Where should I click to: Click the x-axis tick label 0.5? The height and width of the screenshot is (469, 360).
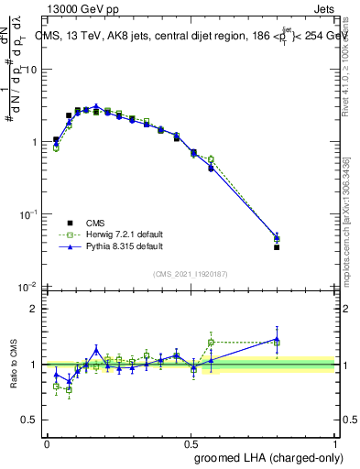(x=191, y=443)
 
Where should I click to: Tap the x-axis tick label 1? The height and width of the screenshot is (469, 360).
(x=334, y=443)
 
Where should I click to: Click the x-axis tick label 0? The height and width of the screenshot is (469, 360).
(x=47, y=443)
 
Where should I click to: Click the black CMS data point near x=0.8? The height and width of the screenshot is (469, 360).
(x=277, y=247)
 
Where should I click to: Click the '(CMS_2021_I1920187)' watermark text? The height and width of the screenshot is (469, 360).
(x=191, y=273)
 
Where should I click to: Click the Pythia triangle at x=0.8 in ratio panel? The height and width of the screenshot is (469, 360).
(x=277, y=339)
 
